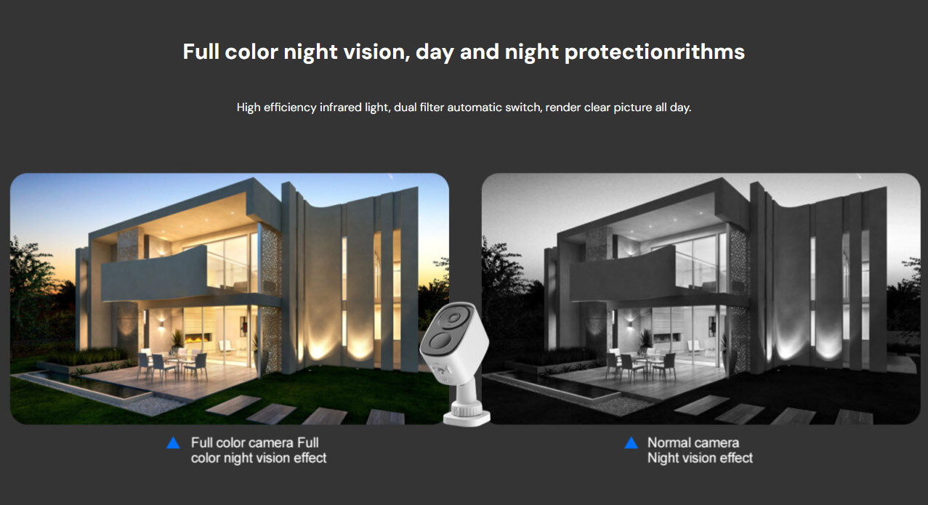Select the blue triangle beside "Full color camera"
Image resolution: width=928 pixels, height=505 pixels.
coord(173,443)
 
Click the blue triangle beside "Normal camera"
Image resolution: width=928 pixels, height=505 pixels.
coord(632,443)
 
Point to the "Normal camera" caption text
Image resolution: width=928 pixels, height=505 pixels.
coord(693,443)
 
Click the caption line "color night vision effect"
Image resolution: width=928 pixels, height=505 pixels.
coord(259,458)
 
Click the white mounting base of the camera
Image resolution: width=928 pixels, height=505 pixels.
coord(467,411)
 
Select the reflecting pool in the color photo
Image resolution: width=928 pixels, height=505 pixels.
coord(80,385)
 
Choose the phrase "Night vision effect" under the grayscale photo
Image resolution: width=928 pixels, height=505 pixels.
coord(700,458)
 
